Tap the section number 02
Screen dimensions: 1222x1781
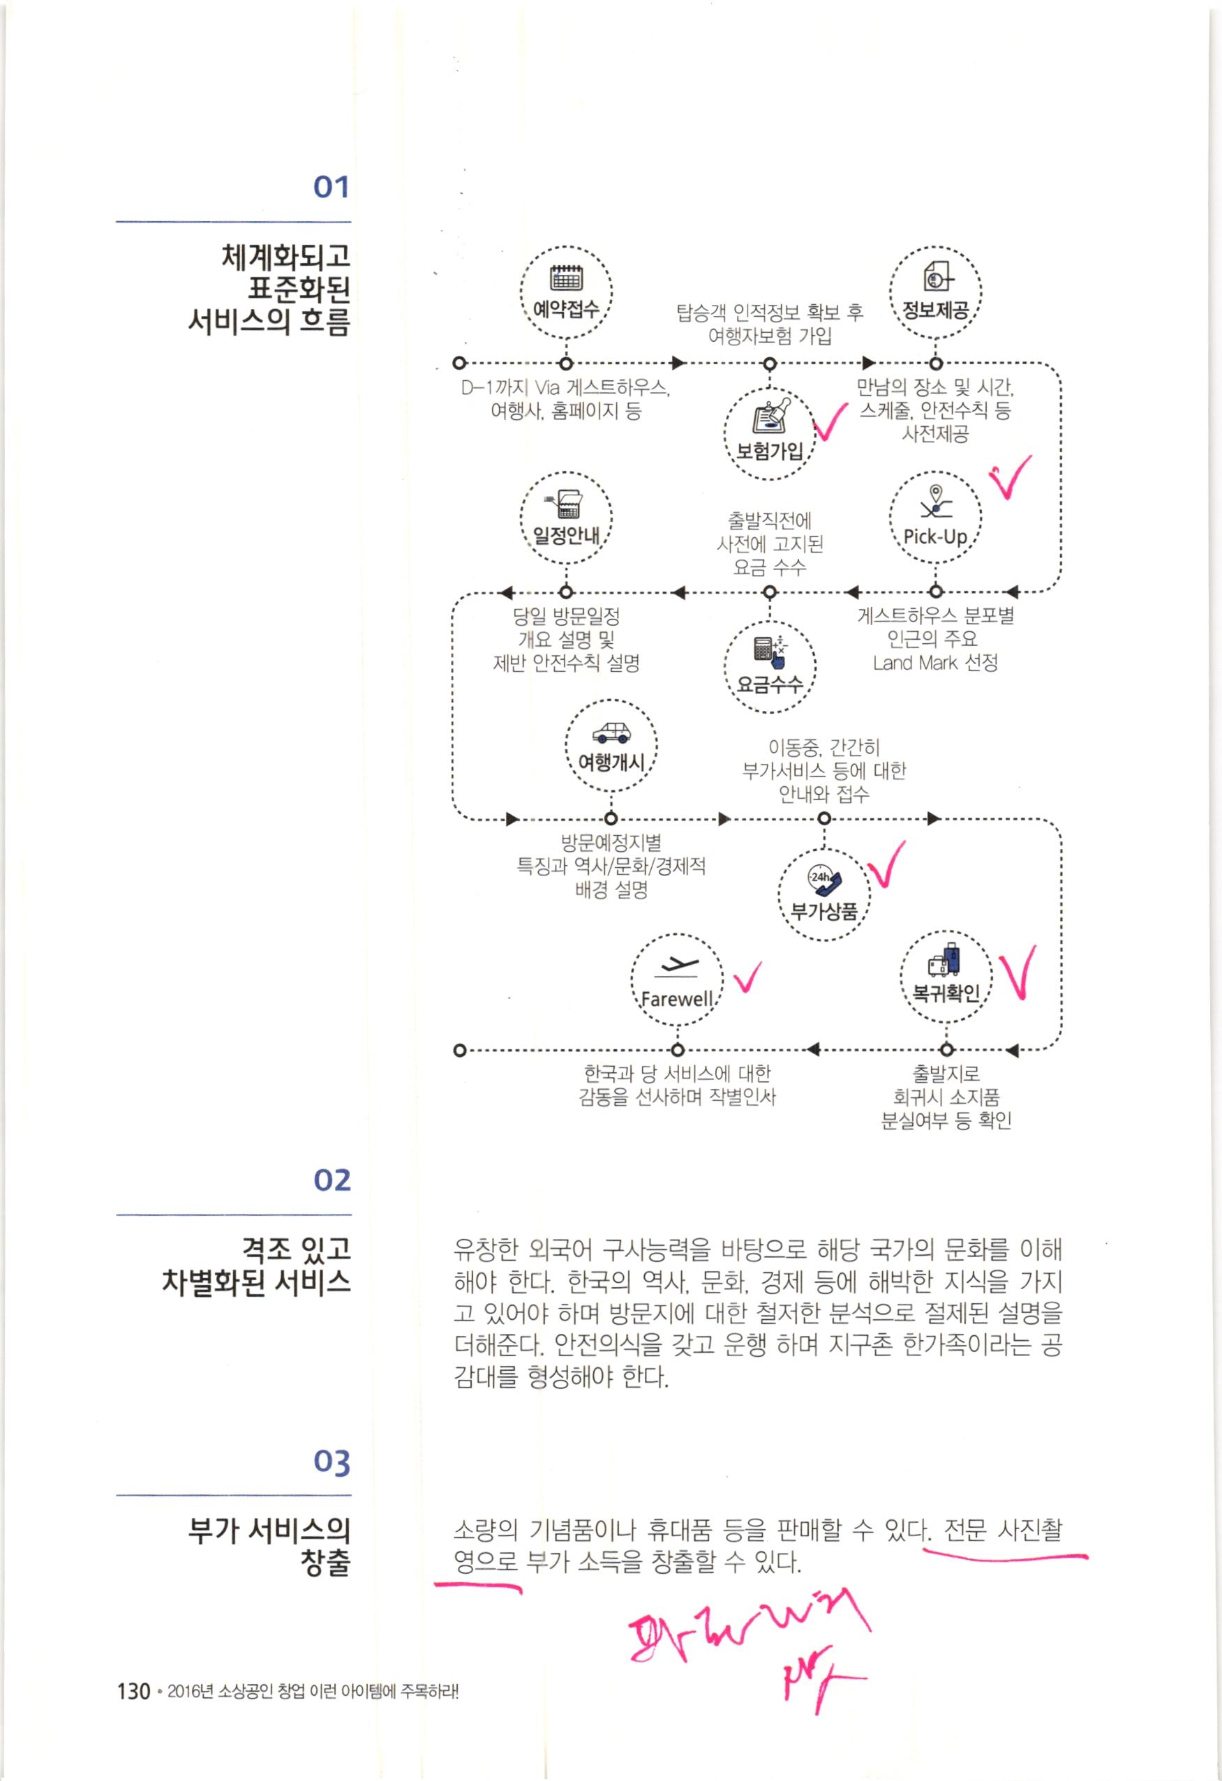pyautogui.click(x=331, y=1180)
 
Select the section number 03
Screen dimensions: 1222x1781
pyautogui.click(x=331, y=1463)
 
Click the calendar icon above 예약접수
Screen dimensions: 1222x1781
pyautogui.click(x=567, y=278)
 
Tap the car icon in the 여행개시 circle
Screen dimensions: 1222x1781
pyautogui.click(x=611, y=732)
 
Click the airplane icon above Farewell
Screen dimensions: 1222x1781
pyautogui.click(x=676, y=966)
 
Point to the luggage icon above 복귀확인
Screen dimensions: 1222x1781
pyautogui.click(x=945, y=960)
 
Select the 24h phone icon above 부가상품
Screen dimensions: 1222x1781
pyautogui.click(x=824, y=881)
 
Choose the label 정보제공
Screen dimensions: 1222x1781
pyautogui.click(x=935, y=310)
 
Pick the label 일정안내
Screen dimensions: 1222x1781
pyautogui.click(x=566, y=535)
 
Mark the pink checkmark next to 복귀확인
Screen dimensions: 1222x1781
pyautogui.click(x=1020, y=973)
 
